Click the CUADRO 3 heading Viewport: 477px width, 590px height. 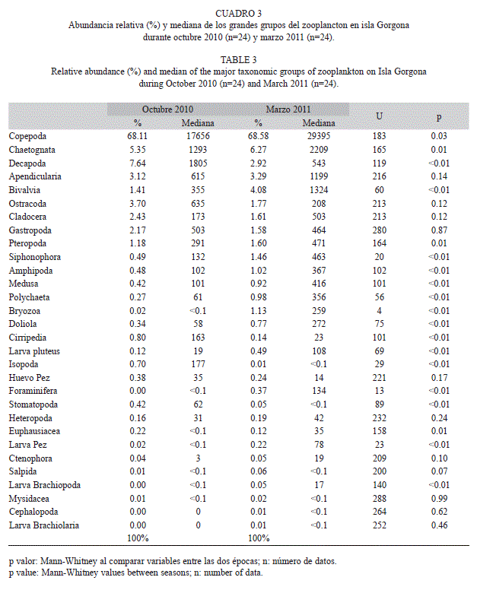pyautogui.click(x=238, y=14)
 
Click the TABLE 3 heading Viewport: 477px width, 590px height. pyautogui.click(x=238, y=60)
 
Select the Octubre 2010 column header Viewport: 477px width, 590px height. pyautogui.click(x=167, y=109)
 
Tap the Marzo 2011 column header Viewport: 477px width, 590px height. pyautogui.click(x=288, y=109)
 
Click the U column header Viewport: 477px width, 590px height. pyautogui.click(x=379, y=116)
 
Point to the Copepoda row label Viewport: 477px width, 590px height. pyautogui.click(x=27, y=136)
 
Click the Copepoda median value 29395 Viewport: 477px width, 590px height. pyautogui.click(x=319, y=136)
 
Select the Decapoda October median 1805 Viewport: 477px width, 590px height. pyautogui.click(x=198, y=163)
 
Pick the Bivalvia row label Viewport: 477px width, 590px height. pyautogui.click(x=24, y=190)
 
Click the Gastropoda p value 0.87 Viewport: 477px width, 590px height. pyautogui.click(x=439, y=230)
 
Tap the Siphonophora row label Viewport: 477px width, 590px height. pyautogui.click(x=35, y=258)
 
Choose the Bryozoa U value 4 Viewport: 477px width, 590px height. pyautogui.click(x=379, y=311)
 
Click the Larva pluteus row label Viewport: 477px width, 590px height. pyautogui.click(x=34, y=351)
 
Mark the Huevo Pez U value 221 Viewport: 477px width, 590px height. pyautogui.click(x=379, y=378)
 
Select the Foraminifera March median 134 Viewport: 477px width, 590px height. pyautogui.click(x=319, y=391)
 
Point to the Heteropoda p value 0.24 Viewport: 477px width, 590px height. pyautogui.click(x=439, y=418)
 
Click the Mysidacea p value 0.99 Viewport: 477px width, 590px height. pyautogui.click(x=439, y=499)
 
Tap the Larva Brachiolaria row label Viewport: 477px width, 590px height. pyautogui.click(x=43, y=525)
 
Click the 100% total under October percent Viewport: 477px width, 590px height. pyautogui.click(x=138, y=538)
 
